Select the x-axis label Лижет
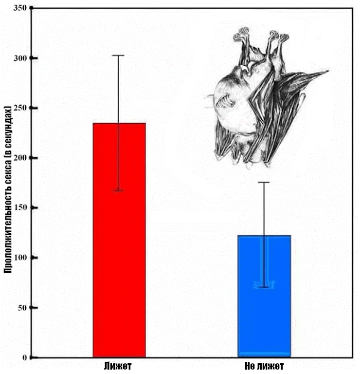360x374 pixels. pos(118,366)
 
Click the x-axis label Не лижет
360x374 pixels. pos(264,366)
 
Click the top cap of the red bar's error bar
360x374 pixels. pos(119,56)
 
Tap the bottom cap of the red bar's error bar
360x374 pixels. pos(119,190)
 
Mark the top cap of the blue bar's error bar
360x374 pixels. pos(264,182)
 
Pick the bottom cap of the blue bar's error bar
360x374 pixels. pos(264,287)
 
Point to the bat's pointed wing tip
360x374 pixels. pos(327,72)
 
